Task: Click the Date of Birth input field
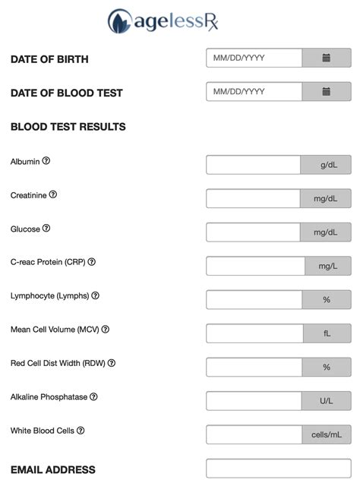[x=254, y=58]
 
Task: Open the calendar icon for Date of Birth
[x=326, y=58]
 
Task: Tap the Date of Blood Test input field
[x=254, y=92]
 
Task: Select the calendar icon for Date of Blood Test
[x=326, y=92]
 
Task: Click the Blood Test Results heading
[x=68, y=127]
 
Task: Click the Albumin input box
[x=254, y=165]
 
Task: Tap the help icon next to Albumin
[x=46, y=161]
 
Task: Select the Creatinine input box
[x=254, y=199]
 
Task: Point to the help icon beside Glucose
[x=46, y=229]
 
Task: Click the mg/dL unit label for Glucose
[x=326, y=232]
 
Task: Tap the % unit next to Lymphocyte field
[x=326, y=300]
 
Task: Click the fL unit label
[x=326, y=333]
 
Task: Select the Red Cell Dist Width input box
[x=254, y=368]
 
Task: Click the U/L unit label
[x=326, y=401]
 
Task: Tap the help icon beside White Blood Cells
[x=81, y=431]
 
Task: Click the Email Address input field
[x=278, y=469]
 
